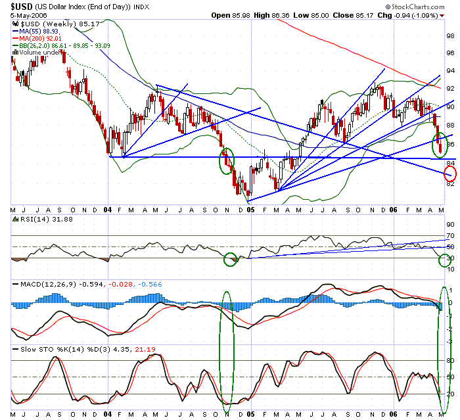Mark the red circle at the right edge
[x=450, y=174]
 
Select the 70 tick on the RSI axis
[x=450, y=235]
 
